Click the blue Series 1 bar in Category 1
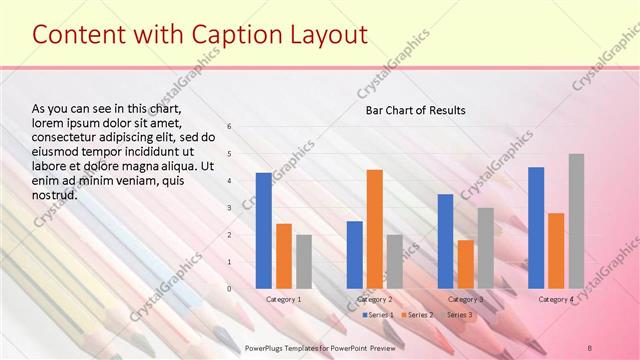pyautogui.click(x=264, y=231)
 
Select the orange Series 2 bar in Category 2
pyautogui.click(x=375, y=229)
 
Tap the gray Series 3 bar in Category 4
pyautogui.click(x=577, y=221)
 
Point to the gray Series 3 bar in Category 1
pyautogui.click(x=304, y=262)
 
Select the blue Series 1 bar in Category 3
pyautogui.click(x=446, y=241)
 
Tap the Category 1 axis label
pyautogui.click(x=284, y=299)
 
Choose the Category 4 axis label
pyautogui.click(x=556, y=299)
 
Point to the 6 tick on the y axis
pyautogui.click(x=229, y=127)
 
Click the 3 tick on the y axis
pyautogui.click(x=229, y=208)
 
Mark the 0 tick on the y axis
pyautogui.click(x=229, y=289)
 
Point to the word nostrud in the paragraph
pyautogui.click(x=55, y=194)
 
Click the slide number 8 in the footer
pyautogui.click(x=590, y=346)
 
